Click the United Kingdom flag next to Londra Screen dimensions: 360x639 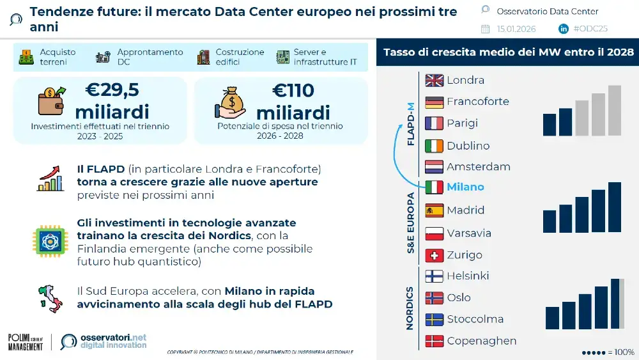click(x=435, y=80)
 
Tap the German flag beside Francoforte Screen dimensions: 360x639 click(x=435, y=102)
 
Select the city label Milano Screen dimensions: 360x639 click(x=465, y=187)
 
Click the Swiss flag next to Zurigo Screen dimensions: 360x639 click(x=435, y=255)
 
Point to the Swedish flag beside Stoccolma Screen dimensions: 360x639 click(x=435, y=319)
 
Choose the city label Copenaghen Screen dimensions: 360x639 click(x=482, y=341)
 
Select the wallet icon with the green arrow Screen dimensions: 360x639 click(x=51, y=100)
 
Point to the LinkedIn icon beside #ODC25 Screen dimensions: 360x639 click(x=564, y=29)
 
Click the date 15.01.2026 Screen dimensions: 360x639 click(x=516, y=29)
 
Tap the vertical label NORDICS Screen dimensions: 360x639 click(x=410, y=308)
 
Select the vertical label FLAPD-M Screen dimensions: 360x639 click(x=410, y=123)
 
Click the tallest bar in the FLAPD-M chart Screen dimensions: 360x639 click(x=614, y=111)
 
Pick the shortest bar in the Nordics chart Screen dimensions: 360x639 click(x=552, y=318)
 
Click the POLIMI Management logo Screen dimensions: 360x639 click(x=26, y=342)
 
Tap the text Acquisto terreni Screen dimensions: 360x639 click(x=58, y=57)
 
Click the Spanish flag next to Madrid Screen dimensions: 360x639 click(x=435, y=210)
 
